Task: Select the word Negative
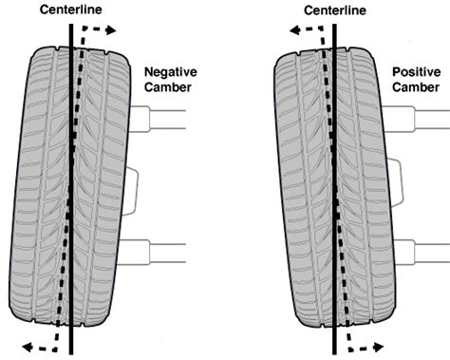170,71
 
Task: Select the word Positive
416,71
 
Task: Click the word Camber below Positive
416,88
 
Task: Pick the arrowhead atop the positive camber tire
293,30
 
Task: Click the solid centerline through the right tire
334,190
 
